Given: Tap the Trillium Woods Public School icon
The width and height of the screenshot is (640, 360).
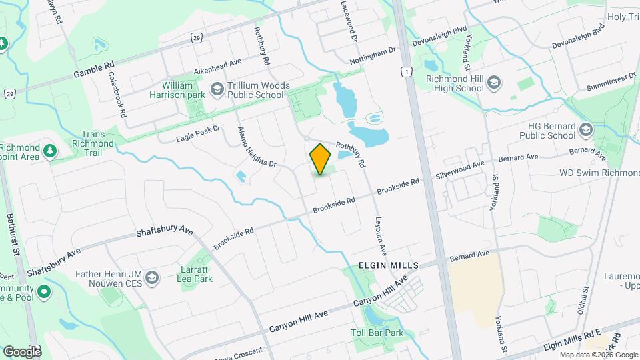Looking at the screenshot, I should click(x=217, y=89).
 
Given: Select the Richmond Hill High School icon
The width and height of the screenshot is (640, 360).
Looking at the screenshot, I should click(x=494, y=82).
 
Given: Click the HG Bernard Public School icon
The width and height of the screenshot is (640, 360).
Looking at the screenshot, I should click(x=586, y=129).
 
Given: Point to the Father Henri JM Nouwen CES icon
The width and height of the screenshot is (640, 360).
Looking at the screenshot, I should click(x=152, y=277).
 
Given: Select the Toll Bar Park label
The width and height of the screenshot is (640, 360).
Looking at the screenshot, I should click(x=377, y=333).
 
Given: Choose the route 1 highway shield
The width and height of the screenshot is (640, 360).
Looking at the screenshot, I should click(x=406, y=71).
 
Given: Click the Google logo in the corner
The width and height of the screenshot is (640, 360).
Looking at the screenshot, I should click(x=21, y=351).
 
